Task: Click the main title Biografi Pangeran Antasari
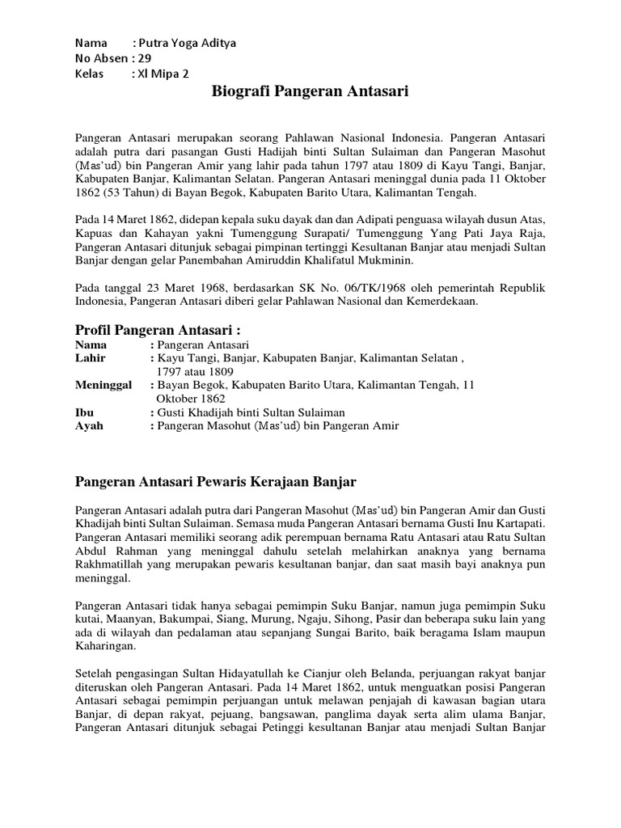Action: (310, 92)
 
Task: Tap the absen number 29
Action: (145, 58)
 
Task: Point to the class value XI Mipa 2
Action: (163, 73)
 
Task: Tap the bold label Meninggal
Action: (103, 385)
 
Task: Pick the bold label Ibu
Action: (84, 412)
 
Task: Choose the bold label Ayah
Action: (89, 426)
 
